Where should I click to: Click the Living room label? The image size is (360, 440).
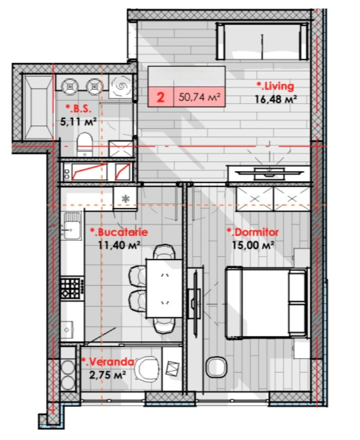[x=275, y=86]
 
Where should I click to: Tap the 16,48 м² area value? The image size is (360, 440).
[x=275, y=99]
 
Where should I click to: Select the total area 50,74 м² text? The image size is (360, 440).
[x=199, y=97]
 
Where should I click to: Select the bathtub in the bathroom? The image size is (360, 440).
[x=38, y=107]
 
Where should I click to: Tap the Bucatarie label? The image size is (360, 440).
[x=119, y=232]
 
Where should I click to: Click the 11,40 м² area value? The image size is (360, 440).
[x=119, y=245]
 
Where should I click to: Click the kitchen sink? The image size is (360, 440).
[x=72, y=226]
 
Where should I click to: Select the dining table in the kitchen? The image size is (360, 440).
[x=164, y=288]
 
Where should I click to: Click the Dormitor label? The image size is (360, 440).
[x=253, y=232]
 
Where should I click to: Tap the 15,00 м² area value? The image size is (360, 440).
[x=253, y=245]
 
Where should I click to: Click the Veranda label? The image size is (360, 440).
[x=108, y=362]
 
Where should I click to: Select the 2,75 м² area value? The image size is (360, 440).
[x=107, y=374]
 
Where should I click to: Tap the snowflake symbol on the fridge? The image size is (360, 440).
[x=125, y=199]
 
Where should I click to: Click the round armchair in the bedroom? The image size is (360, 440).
[x=216, y=367]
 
